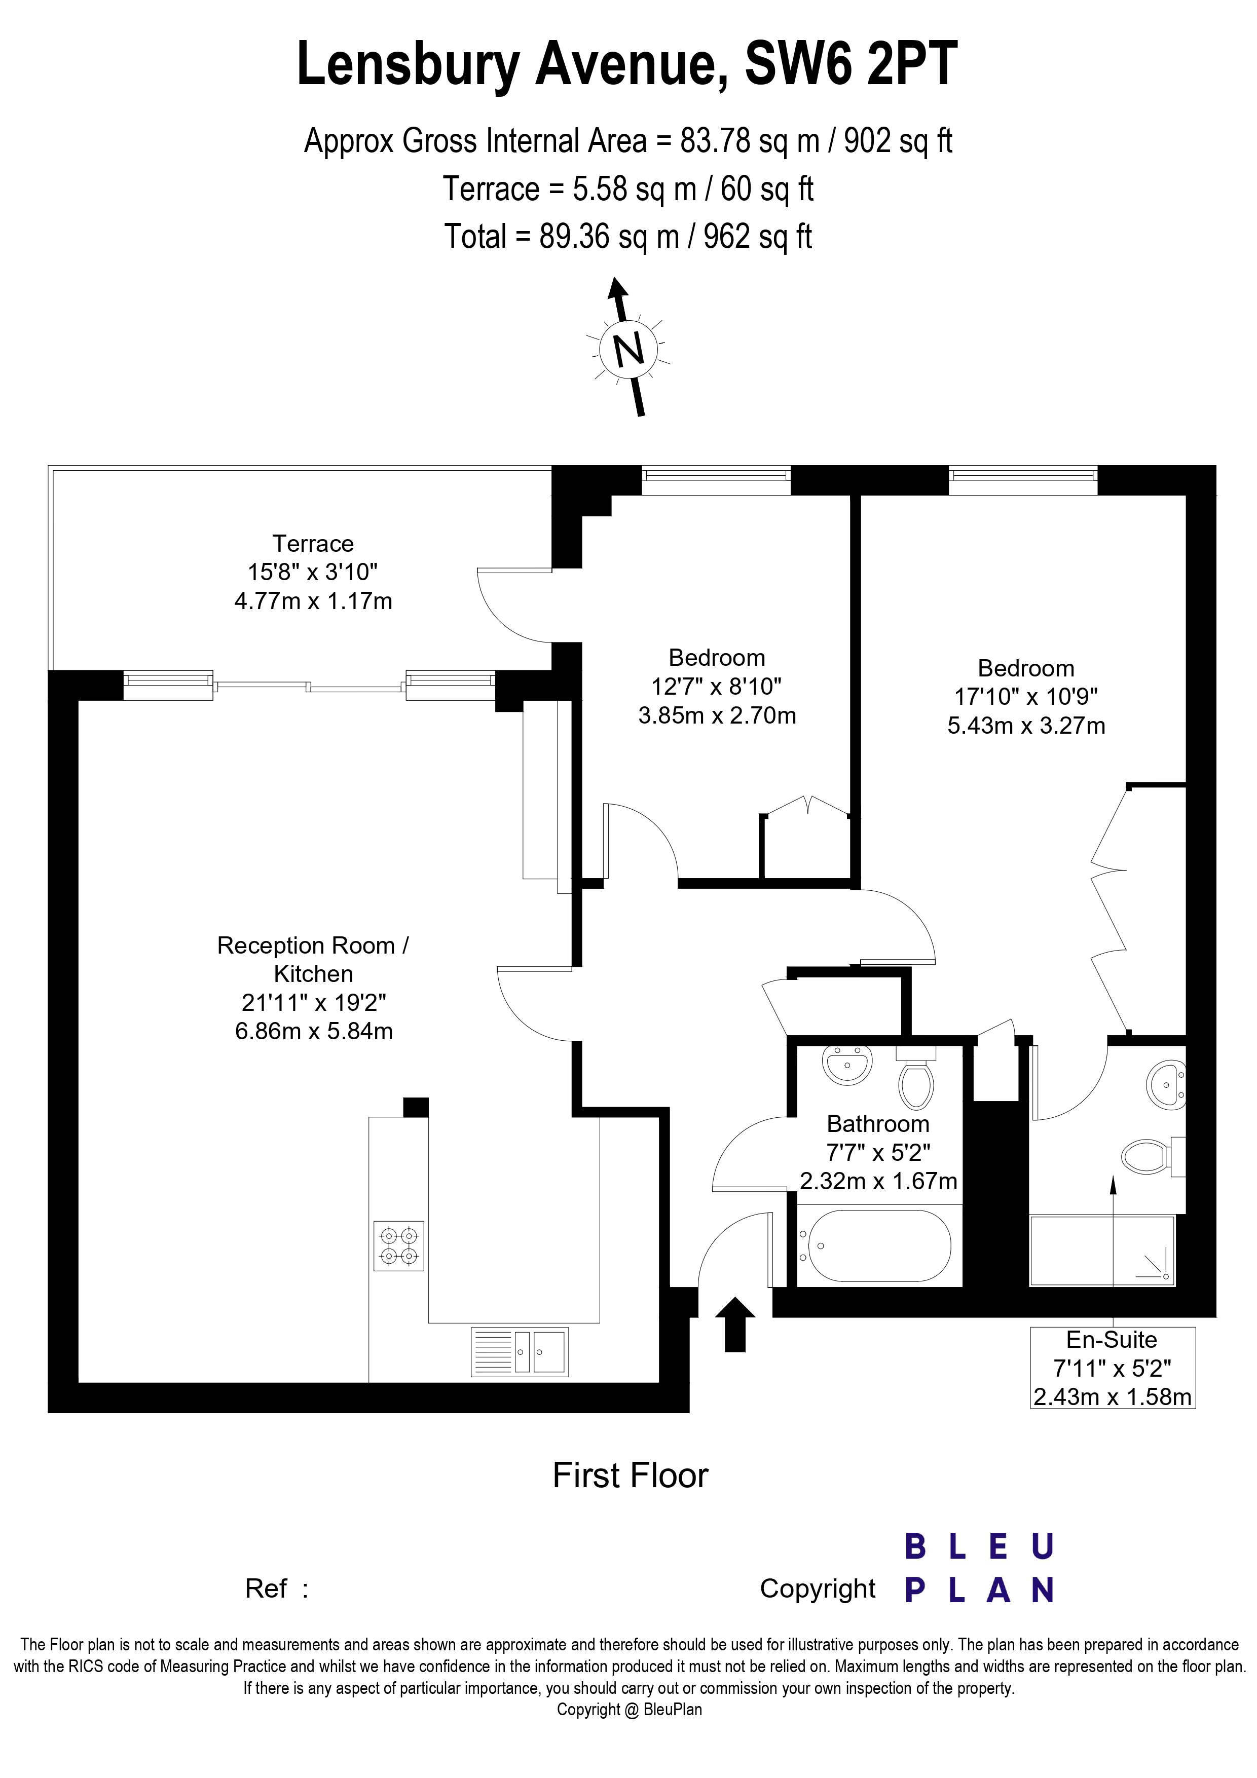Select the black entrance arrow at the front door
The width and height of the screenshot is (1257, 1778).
coord(734,1325)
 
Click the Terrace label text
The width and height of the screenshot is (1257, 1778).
coord(313,544)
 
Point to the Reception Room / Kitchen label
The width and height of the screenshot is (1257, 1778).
coord(313,960)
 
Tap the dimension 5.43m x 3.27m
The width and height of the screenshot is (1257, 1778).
coord(1026,726)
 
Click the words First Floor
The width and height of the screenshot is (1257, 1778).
coord(631,1476)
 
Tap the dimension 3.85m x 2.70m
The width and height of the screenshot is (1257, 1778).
coord(717,715)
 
